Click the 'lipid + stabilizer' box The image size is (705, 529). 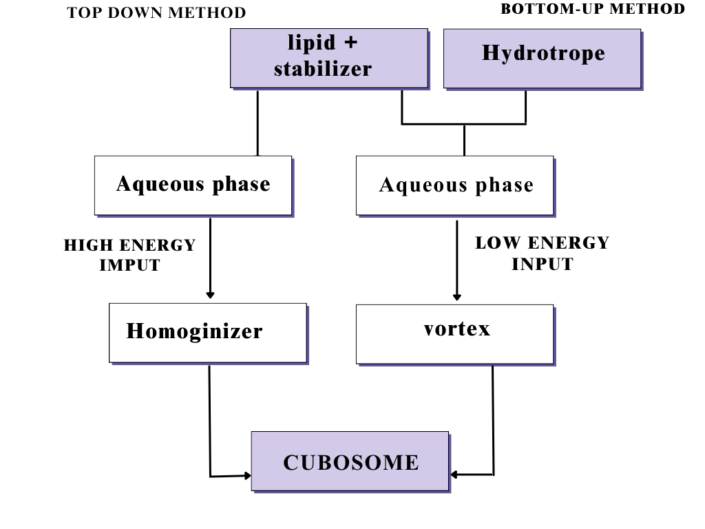click(328, 58)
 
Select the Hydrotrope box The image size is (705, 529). click(542, 58)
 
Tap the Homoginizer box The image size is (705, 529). click(207, 332)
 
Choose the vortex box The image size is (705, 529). click(454, 333)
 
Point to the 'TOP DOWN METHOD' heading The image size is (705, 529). click(156, 13)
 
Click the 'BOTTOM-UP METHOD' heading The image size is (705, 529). click(593, 9)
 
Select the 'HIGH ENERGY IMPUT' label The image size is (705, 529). click(129, 255)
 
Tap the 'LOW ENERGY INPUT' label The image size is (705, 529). click(542, 253)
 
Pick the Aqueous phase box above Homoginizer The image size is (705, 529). click(193, 185)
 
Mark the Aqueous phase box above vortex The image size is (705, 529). click(454, 185)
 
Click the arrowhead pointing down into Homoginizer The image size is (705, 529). click(210, 295)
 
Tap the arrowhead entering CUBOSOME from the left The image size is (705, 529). click(246, 475)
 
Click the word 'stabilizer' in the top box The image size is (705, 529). click(322, 69)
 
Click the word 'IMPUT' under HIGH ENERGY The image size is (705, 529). click(129, 265)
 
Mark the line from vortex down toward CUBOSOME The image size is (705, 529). click(493, 420)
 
